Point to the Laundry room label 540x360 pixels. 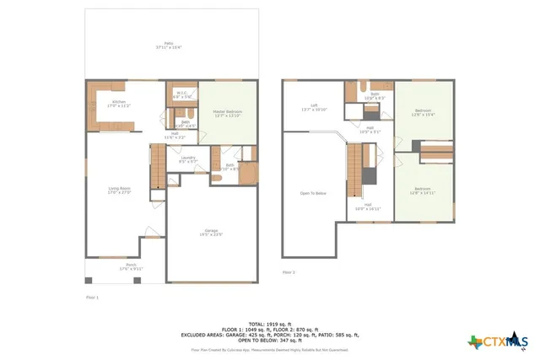(188, 159)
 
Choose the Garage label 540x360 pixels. (212, 232)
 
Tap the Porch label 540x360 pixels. (131, 266)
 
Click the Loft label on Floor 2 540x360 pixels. (314, 107)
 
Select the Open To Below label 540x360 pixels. (313, 194)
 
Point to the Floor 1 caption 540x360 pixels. (93, 297)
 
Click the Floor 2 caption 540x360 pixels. (289, 272)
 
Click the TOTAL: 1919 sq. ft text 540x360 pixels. (269, 324)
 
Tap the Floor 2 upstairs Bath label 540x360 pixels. (374, 96)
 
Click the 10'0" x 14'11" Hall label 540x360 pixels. (372, 207)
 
